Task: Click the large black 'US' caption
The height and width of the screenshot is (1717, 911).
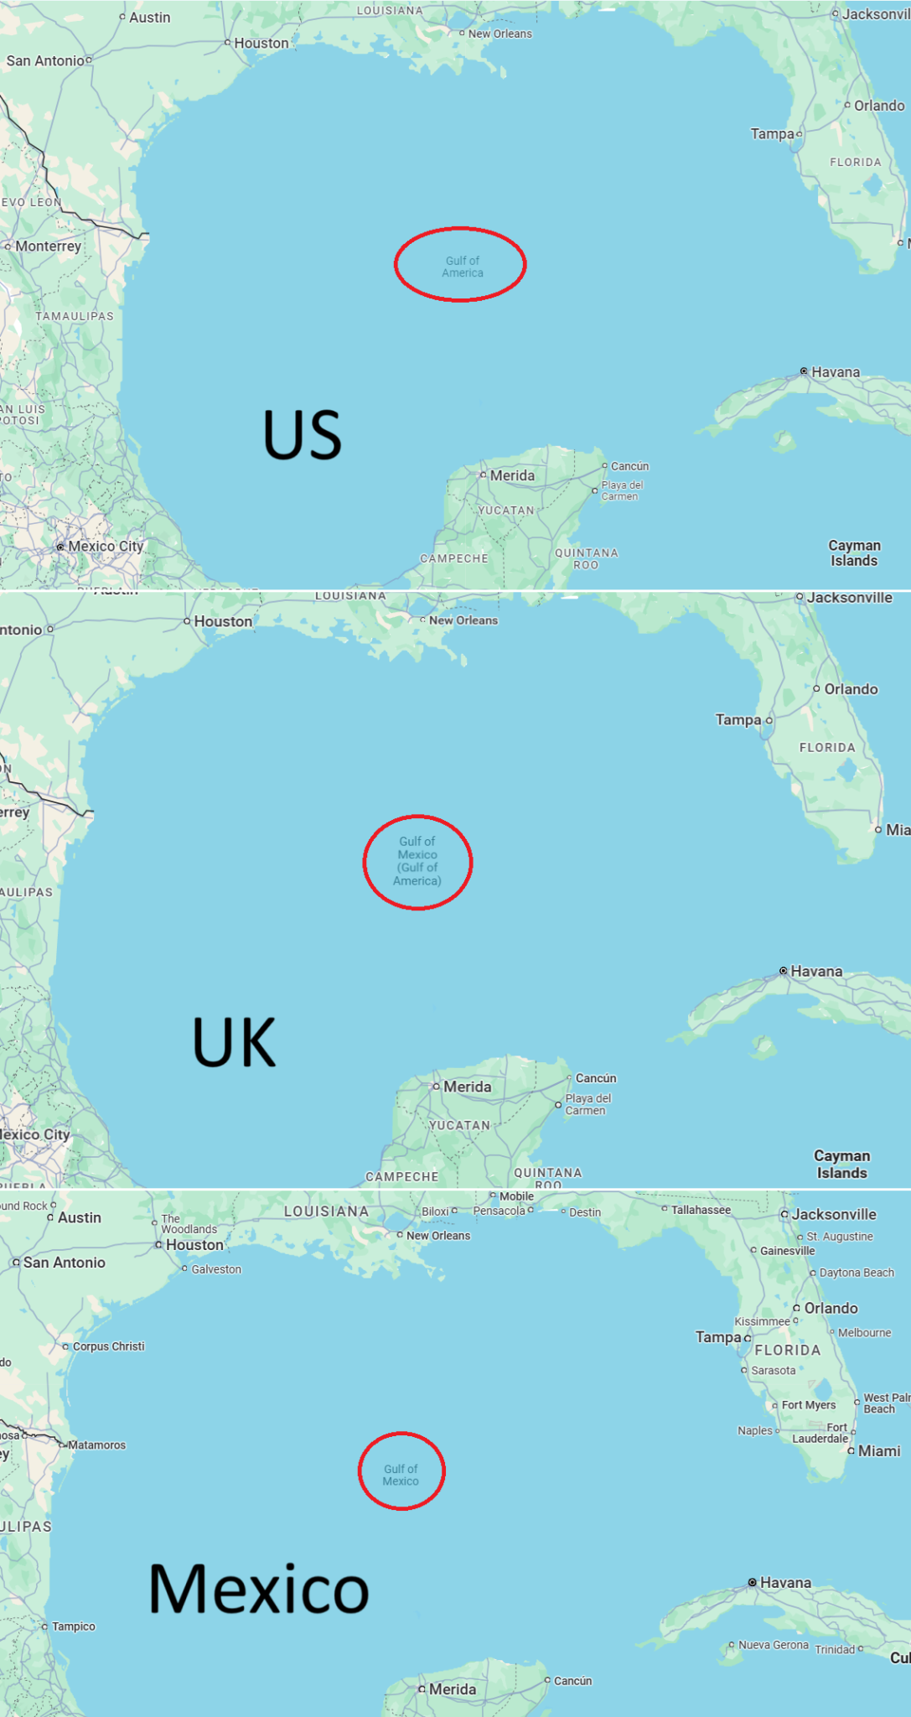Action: pyautogui.click(x=303, y=435)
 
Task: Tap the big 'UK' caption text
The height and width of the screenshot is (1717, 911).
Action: pyautogui.click(x=234, y=1042)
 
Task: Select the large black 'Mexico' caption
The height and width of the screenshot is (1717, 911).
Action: pyautogui.click(x=258, y=1589)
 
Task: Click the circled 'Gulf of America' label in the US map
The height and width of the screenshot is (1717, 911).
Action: pyautogui.click(x=462, y=267)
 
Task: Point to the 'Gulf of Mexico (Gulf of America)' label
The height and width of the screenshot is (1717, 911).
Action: pyautogui.click(x=417, y=861)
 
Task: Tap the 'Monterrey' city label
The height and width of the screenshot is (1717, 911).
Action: pyautogui.click(x=48, y=246)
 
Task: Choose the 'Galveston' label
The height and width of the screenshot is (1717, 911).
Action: pyautogui.click(x=216, y=1269)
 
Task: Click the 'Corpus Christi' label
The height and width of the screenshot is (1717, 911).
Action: pyautogui.click(x=108, y=1346)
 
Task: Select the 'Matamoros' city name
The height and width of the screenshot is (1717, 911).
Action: pyautogui.click(x=97, y=1445)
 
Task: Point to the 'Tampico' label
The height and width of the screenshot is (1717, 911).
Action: pyautogui.click(x=73, y=1626)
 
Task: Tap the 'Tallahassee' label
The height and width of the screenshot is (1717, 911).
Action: pyautogui.click(x=701, y=1210)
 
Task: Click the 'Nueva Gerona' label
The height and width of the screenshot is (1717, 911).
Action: pyautogui.click(x=774, y=1645)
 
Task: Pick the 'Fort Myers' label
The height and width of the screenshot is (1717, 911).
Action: pyautogui.click(x=808, y=1405)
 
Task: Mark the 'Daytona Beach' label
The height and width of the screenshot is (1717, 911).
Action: pyautogui.click(x=857, y=1273)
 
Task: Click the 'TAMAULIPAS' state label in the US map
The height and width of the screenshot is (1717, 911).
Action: pyautogui.click(x=75, y=316)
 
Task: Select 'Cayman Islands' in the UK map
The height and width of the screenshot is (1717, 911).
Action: pyautogui.click(x=841, y=1165)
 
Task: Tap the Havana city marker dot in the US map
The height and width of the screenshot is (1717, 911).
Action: pyautogui.click(x=804, y=371)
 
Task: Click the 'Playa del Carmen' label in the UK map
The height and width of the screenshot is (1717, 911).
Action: pyautogui.click(x=588, y=1104)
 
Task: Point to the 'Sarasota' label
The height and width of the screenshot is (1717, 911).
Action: pyautogui.click(x=773, y=1371)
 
